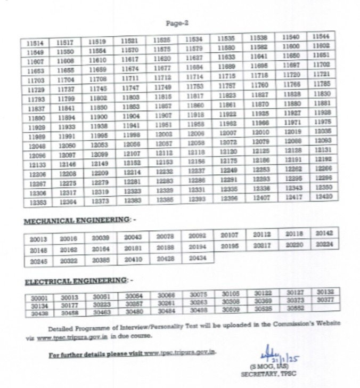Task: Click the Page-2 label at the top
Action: pyautogui.click(x=177, y=23)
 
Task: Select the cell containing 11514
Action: pyautogui.click(x=36, y=42)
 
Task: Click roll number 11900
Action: pyautogui.click(x=98, y=117)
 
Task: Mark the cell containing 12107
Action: pyautogui.click(x=130, y=155)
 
